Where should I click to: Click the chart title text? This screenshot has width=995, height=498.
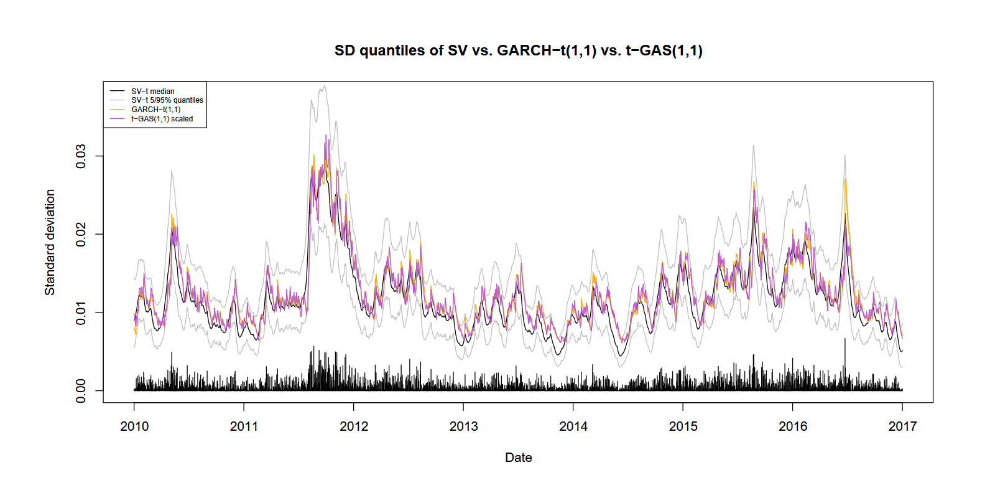518,50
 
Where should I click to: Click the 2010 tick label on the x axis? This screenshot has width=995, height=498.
134,426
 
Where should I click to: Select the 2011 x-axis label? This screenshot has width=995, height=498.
244,426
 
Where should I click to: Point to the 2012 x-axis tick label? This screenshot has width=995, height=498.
354,426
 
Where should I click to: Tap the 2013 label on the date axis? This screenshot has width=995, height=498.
463,426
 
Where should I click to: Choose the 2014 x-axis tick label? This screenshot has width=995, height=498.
573,426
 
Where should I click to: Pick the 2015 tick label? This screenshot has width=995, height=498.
683,426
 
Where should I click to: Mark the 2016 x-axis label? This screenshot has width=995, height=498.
793,426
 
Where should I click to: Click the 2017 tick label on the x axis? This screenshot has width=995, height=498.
902,426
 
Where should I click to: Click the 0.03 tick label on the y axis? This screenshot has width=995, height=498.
81,156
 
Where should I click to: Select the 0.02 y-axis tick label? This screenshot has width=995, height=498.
81,235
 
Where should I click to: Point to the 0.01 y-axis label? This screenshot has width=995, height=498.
81,312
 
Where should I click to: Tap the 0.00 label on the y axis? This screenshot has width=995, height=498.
81,391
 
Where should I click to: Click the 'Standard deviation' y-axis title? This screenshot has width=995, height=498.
50,242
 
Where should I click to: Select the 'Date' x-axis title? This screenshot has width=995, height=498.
518,458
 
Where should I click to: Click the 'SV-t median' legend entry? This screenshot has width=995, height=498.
153,92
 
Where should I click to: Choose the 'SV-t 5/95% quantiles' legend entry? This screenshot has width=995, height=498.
167,100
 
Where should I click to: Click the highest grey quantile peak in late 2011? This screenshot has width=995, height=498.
325,86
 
